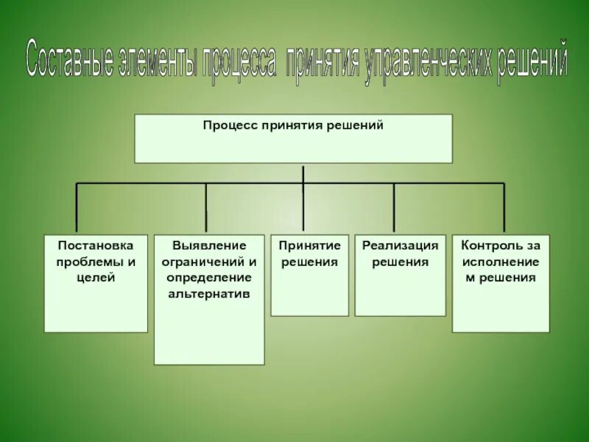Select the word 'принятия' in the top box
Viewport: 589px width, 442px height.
click(x=293, y=126)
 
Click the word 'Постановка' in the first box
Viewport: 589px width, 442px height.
click(x=96, y=246)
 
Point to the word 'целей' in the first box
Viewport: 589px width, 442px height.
click(x=96, y=278)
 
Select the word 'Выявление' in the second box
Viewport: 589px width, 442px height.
click(x=208, y=246)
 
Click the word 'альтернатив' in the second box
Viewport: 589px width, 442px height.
click(x=208, y=293)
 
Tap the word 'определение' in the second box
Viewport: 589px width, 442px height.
click(x=208, y=278)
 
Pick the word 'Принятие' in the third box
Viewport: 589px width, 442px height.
click(x=309, y=246)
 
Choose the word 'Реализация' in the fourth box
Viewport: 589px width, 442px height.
click(x=400, y=246)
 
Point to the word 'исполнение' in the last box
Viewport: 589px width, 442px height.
click(x=501, y=262)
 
